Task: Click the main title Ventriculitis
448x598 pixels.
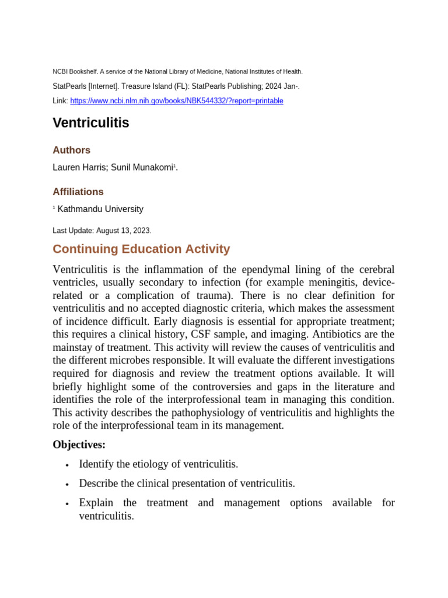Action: click(x=91, y=123)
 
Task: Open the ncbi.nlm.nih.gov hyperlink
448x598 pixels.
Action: click(x=176, y=101)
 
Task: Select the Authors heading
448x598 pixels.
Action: click(x=71, y=150)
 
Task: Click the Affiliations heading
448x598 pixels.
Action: click(x=78, y=192)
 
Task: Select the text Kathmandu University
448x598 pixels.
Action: click(x=100, y=209)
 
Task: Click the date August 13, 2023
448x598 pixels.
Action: click(x=123, y=231)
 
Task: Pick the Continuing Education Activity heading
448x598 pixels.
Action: click(x=141, y=249)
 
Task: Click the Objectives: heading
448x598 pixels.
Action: click(x=79, y=445)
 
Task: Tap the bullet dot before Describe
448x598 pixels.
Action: click(x=68, y=485)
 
